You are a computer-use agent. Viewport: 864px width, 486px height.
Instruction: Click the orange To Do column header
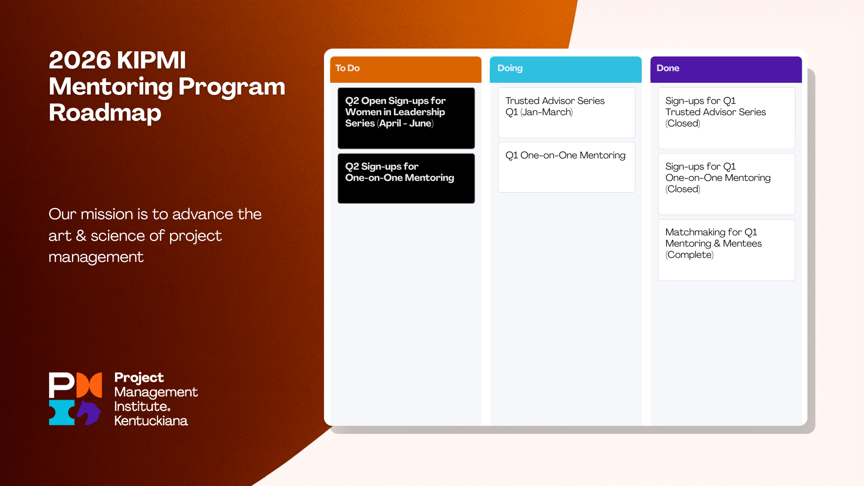point(405,69)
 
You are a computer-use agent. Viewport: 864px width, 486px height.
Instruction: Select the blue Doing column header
point(566,69)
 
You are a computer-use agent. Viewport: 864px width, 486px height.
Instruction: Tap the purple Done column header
point(726,69)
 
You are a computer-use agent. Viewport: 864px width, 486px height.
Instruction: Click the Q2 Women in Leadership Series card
point(406,118)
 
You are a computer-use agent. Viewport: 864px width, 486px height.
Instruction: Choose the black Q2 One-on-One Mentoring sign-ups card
point(406,178)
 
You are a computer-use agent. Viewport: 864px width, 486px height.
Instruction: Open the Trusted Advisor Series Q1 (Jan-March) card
point(567,112)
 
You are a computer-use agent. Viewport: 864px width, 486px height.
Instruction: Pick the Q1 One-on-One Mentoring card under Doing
point(567,167)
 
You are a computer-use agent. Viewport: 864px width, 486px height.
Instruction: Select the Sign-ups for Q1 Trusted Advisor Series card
point(726,118)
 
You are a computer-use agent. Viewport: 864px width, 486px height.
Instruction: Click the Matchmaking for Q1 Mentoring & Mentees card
point(726,250)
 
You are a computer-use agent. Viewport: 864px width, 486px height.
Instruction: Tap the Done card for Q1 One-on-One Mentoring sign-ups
point(726,184)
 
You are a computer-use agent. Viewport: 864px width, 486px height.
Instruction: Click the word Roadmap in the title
point(105,113)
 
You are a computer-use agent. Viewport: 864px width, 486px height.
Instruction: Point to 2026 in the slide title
point(80,60)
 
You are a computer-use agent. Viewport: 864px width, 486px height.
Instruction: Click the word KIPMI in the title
point(153,60)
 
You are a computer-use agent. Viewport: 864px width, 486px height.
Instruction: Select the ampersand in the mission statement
point(81,235)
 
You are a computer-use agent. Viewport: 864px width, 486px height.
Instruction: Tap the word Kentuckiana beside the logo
point(151,421)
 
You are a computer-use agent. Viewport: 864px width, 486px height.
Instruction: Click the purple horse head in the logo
point(90,412)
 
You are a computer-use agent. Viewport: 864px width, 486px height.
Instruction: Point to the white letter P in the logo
point(61,385)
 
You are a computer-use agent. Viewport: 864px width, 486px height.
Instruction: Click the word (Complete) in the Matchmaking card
point(689,255)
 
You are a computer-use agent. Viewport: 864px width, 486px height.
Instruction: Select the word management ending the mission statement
point(96,257)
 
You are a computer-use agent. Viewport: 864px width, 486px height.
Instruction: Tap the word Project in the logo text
point(139,378)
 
